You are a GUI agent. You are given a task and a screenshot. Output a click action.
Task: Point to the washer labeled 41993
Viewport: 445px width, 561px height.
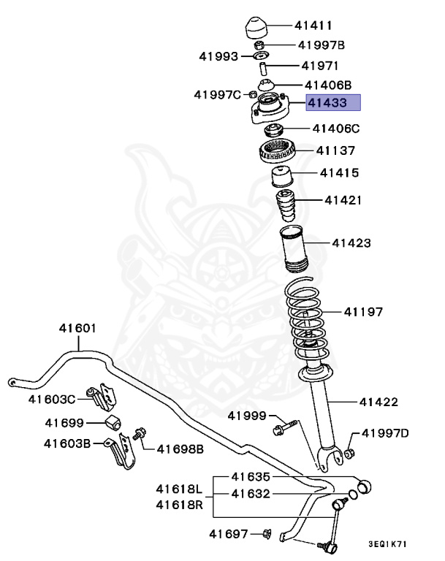(x=260, y=56)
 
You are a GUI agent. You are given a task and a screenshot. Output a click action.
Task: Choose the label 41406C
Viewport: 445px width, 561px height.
(x=336, y=129)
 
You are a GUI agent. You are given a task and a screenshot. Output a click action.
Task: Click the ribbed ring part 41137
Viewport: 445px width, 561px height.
(x=278, y=153)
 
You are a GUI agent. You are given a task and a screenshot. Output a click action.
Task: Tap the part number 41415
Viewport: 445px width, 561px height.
(x=338, y=174)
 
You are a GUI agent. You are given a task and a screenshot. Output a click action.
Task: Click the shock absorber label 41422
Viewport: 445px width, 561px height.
(x=379, y=402)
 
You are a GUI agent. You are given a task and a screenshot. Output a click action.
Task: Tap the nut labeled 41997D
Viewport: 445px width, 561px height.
(x=349, y=453)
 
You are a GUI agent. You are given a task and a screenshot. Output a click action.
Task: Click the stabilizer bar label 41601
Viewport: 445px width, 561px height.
(x=77, y=328)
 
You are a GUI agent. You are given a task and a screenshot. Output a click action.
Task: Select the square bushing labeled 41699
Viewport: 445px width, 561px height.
(x=113, y=424)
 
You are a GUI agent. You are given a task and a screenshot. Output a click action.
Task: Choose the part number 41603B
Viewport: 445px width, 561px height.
(x=66, y=443)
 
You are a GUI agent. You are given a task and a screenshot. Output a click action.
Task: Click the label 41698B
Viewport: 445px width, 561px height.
(x=180, y=447)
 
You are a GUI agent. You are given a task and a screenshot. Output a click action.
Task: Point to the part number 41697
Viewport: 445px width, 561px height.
(x=229, y=535)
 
